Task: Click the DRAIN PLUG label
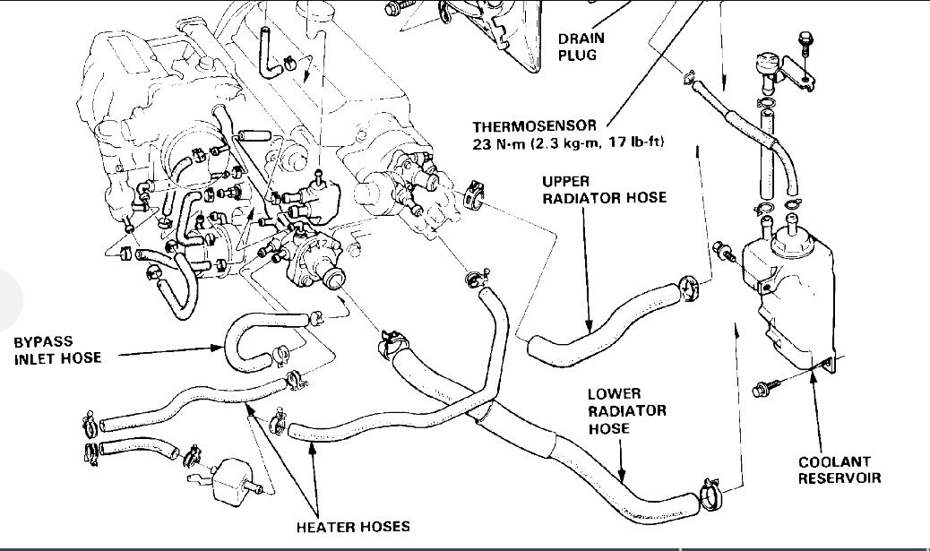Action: [x=581, y=46]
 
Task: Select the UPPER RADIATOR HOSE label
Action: [x=604, y=189]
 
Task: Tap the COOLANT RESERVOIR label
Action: [x=840, y=470]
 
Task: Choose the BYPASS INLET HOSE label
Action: [x=57, y=350]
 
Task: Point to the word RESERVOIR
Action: [x=840, y=478]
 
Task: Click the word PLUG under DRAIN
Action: [x=576, y=55]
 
